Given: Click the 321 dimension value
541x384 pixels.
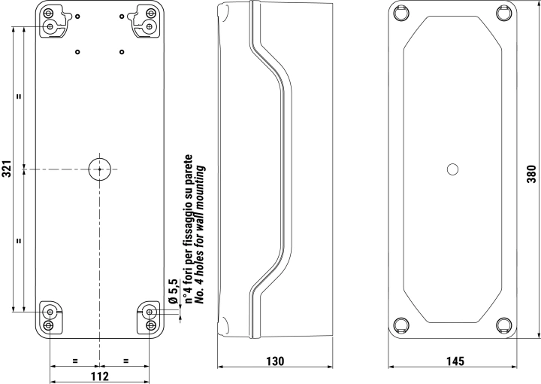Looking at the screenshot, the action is coord(7,169).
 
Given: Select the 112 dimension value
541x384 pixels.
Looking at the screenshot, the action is coord(100,376).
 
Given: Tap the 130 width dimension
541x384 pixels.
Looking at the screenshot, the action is coord(275,361).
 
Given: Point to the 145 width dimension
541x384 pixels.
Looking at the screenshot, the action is coord(455,361).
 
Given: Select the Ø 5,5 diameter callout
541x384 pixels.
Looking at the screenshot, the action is coord(173,291).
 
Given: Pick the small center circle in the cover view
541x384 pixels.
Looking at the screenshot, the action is coord(452,169).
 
